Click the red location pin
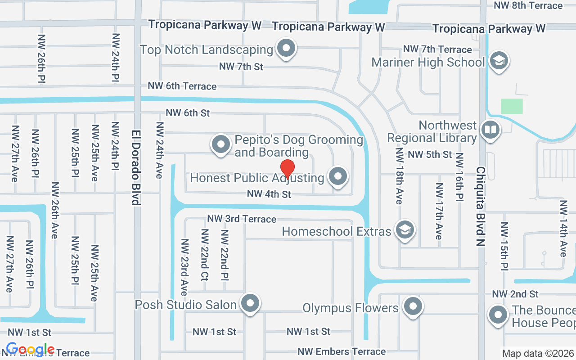coord(288,169)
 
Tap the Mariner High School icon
coord(498,61)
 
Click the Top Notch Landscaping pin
coord(286,48)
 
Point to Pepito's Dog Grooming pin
coord(220,144)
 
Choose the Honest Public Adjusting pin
coord(338,176)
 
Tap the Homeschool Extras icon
coord(405,230)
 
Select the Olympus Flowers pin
coord(413,307)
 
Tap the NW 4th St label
coord(269,194)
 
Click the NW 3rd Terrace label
coord(242,219)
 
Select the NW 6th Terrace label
coord(182,86)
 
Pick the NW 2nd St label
coord(515,294)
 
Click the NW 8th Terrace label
coord(528,5)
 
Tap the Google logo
coord(30,349)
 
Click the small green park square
coord(512,106)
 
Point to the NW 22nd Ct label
coord(205,255)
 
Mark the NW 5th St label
coord(430,154)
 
